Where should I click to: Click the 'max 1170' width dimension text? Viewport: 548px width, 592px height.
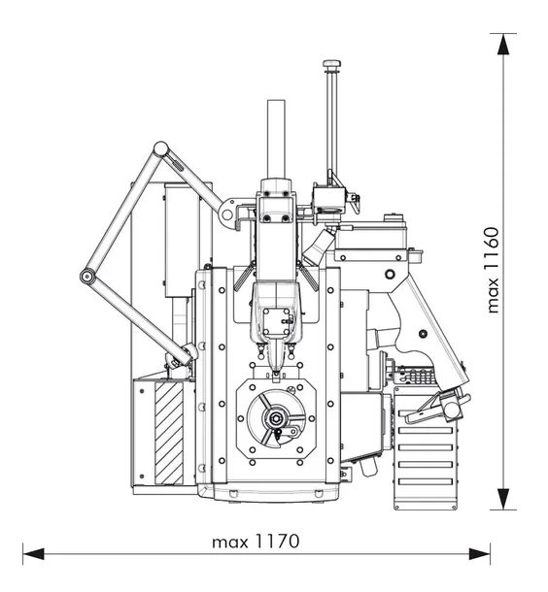(x=256, y=542)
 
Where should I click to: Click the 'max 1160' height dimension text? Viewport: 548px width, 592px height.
(x=493, y=270)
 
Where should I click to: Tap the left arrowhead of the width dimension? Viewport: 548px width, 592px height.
(x=33, y=554)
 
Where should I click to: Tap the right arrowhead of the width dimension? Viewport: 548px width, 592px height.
(x=480, y=554)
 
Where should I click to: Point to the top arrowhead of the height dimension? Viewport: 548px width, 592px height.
(x=503, y=45)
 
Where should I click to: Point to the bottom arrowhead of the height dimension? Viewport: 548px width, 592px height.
(x=503, y=499)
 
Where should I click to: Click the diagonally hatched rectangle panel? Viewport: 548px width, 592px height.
(x=169, y=433)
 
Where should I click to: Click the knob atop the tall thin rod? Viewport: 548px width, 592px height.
(x=332, y=64)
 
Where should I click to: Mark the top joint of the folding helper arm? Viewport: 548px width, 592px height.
(x=160, y=148)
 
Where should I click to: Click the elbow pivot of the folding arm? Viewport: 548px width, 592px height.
(x=87, y=277)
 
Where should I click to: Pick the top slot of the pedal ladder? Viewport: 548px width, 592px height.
(x=426, y=413)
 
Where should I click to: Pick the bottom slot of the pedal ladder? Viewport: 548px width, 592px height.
(x=426, y=481)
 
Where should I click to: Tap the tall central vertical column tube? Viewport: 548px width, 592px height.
(x=276, y=139)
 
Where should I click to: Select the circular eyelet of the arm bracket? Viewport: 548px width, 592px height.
(x=226, y=214)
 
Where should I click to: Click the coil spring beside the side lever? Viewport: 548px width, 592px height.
(x=417, y=376)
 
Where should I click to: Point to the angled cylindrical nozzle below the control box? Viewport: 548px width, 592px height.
(x=319, y=247)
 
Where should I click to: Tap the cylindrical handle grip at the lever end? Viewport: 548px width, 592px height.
(x=453, y=409)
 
